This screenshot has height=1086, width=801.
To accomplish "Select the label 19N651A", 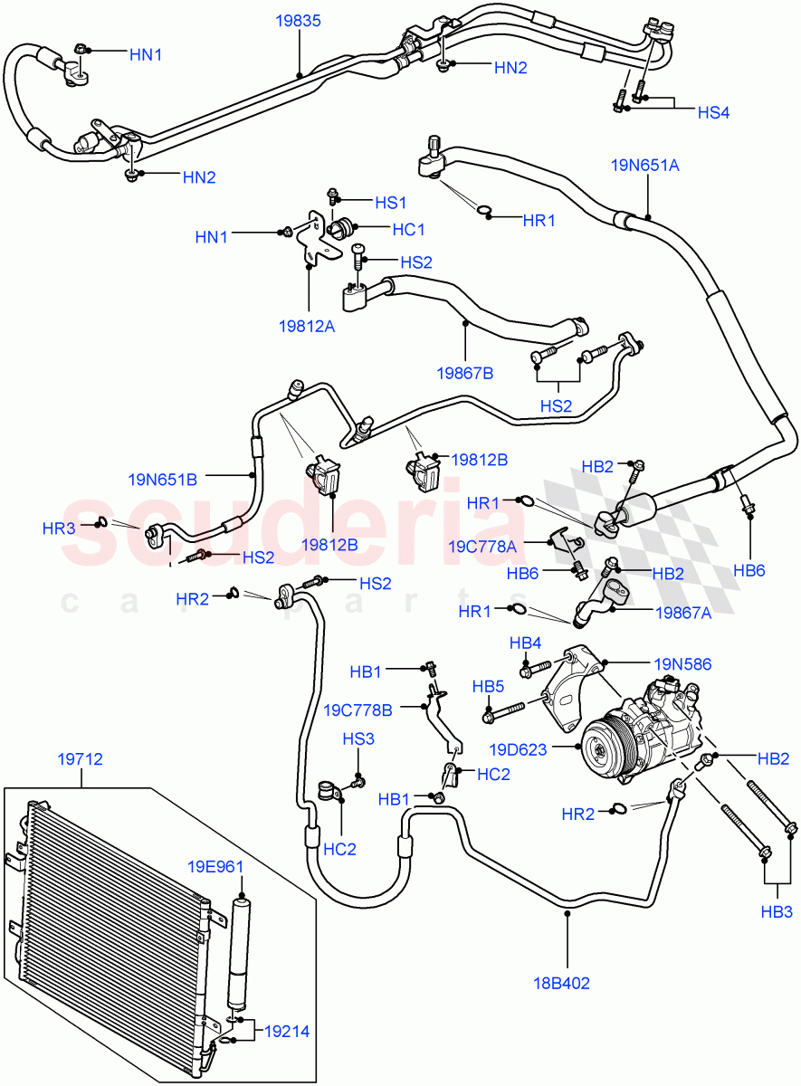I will click(x=644, y=165).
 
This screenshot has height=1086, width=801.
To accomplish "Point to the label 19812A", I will click(x=306, y=326).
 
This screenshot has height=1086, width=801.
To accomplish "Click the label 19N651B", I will click(x=163, y=478).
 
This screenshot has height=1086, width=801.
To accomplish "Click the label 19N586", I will click(x=683, y=663).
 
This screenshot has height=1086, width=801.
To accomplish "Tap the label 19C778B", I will click(x=358, y=710).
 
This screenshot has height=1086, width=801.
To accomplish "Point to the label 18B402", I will click(x=560, y=982).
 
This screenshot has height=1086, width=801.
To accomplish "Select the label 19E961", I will click(x=216, y=866).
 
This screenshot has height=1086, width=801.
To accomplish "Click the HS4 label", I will click(x=712, y=112).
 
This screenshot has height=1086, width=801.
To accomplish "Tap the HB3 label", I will click(x=776, y=911).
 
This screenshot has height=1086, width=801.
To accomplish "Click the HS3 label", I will click(x=358, y=739).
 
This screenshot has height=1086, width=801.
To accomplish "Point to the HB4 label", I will click(x=525, y=643).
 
